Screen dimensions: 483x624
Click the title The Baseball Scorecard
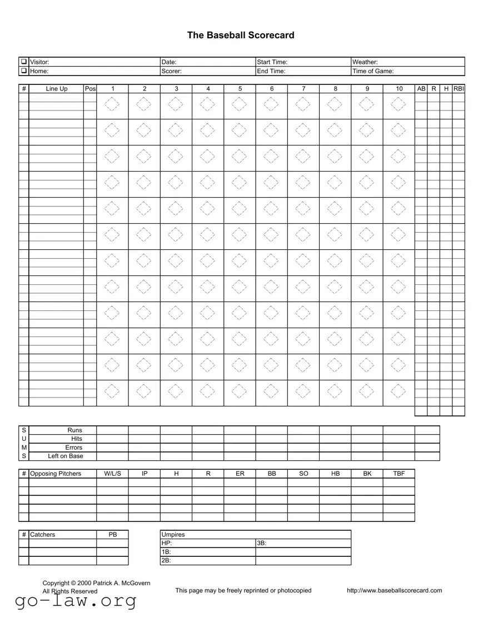click(x=241, y=35)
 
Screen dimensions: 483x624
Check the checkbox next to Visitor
click(x=24, y=62)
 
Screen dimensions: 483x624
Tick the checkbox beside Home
click(x=24, y=71)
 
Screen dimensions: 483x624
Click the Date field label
click(x=169, y=62)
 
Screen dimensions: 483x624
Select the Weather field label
click(x=365, y=62)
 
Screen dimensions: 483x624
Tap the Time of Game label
click(x=373, y=71)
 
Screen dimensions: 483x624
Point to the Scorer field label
click(x=171, y=71)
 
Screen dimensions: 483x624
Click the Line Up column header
click(x=56, y=89)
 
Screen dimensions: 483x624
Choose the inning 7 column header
click(x=303, y=89)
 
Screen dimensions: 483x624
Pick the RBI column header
click(x=459, y=89)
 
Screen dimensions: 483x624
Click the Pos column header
click(x=90, y=89)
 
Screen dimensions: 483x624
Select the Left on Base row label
click(x=65, y=456)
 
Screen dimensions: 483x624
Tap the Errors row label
click(x=73, y=447)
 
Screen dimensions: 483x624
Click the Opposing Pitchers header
click(x=55, y=474)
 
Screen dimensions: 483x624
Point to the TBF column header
click(x=399, y=474)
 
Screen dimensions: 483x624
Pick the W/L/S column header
click(x=112, y=474)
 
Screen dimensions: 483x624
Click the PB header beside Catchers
click(x=112, y=535)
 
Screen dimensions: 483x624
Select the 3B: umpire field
click(x=262, y=544)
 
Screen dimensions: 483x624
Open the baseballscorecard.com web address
click(x=394, y=590)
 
